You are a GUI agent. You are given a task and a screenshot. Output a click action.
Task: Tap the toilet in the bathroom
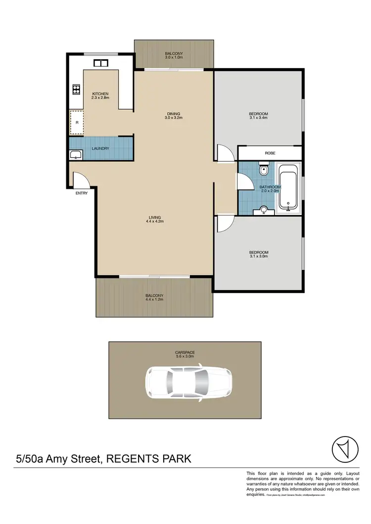tap(264, 171)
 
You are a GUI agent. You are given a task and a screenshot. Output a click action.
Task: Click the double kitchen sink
tap(101, 63)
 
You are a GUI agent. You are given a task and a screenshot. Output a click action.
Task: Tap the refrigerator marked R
tap(77, 122)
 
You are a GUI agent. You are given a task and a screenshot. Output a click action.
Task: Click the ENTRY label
tap(82, 193)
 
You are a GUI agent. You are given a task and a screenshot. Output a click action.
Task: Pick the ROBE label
tap(270, 153)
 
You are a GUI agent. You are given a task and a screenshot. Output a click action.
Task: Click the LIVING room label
tap(155, 218)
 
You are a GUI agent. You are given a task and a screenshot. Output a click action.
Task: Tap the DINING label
tap(173, 114)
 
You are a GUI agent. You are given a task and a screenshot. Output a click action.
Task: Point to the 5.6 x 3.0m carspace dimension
tap(185, 356)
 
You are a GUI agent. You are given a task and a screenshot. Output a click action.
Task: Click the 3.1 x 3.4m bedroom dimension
tap(258, 118)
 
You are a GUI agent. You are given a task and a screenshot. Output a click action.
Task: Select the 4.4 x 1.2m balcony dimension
tap(154, 300)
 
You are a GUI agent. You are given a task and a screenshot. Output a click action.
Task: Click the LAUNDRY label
tap(100, 149)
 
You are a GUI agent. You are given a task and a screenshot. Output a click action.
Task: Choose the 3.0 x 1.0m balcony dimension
tap(174, 58)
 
